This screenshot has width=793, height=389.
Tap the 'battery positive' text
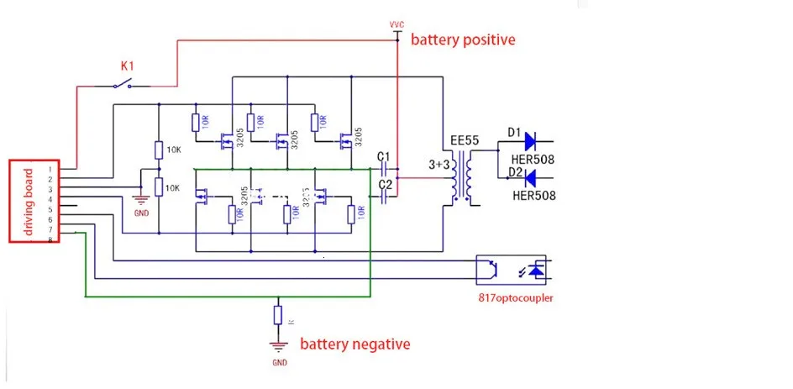point(462,39)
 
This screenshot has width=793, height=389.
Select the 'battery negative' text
point(355,344)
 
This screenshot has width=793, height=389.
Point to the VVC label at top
point(397,25)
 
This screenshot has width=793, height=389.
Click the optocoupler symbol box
point(511,270)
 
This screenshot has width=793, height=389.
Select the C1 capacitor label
point(384,156)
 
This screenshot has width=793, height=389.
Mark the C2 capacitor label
point(386,184)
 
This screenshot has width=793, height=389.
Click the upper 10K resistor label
point(174,150)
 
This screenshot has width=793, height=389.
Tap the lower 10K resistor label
point(174,187)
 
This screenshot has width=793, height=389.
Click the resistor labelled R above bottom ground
point(278,316)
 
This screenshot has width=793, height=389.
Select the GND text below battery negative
point(280,363)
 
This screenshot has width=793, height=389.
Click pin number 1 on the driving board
point(50,170)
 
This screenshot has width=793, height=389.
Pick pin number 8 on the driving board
point(50,239)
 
